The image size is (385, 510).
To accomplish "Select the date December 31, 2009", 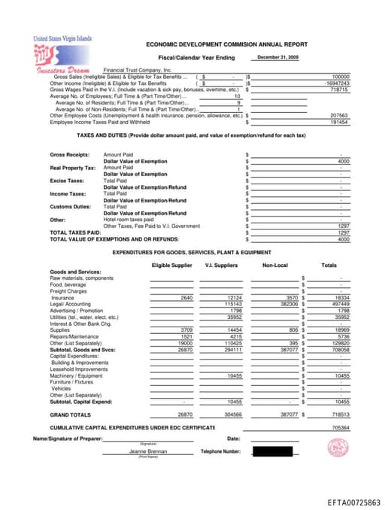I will (x=277, y=57).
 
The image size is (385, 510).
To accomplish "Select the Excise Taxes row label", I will (x=65, y=181).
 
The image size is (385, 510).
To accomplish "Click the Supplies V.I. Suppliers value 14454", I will (x=234, y=330).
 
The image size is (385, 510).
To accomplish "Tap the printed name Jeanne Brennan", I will (x=148, y=451).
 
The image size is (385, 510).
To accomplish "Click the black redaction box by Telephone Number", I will (x=271, y=451).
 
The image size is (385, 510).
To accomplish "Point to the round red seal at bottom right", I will (x=336, y=448).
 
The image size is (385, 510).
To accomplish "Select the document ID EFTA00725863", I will (x=353, y=502).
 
